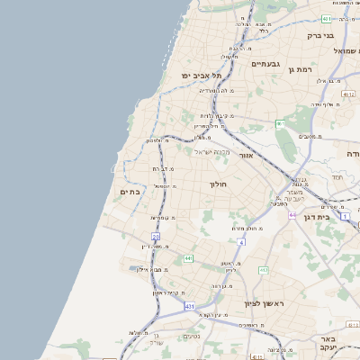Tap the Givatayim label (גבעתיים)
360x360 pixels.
click(x=267, y=64)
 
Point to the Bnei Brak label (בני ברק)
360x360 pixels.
click(x=321, y=36)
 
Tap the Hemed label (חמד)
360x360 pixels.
click(x=337, y=177)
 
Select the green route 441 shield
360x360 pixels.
click(x=188, y=258)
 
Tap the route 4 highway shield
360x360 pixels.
click(x=241, y=242)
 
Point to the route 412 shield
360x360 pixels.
click(x=264, y=270)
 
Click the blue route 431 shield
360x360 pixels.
click(x=190, y=307)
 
